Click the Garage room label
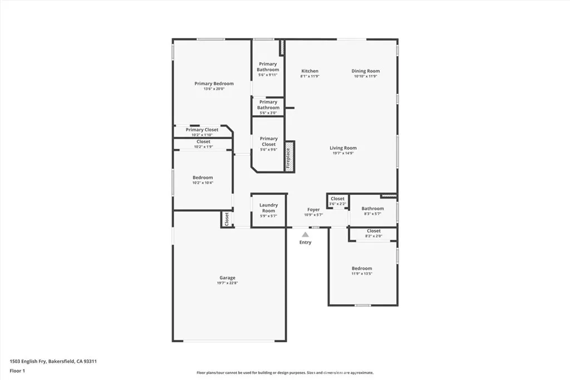[227, 278]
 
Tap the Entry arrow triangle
[305, 235]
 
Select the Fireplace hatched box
[289, 157]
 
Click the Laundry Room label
[268, 208]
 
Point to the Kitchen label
[309, 71]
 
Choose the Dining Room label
[366, 71]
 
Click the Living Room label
[343, 148]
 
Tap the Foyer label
[313, 210]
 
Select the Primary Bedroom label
[214, 83]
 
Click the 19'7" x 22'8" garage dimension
[227, 283]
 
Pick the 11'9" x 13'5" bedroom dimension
[362, 274]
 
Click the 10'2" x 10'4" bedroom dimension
[203, 182]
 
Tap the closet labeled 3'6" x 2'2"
[338, 201]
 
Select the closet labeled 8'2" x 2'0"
[374, 233]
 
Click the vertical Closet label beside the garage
[227, 219]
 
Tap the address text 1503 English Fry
[53, 361]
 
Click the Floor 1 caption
[18, 371]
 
